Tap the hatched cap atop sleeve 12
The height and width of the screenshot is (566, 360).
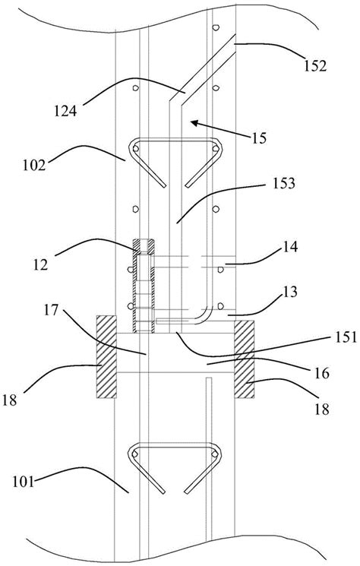point(143,245)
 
